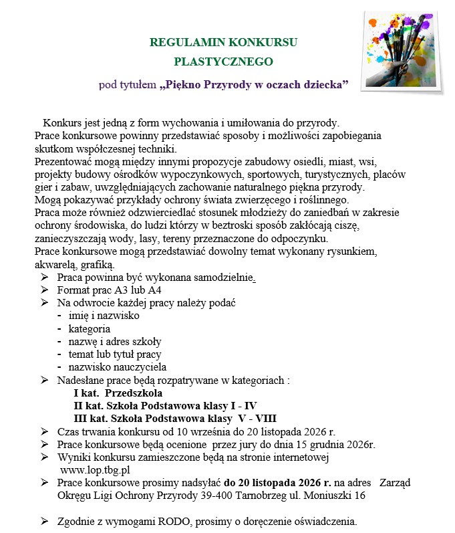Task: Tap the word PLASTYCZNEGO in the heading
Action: pyautogui.click(x=223, y=62)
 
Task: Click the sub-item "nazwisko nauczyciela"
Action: pyautogui.click(x=118, y=366)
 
